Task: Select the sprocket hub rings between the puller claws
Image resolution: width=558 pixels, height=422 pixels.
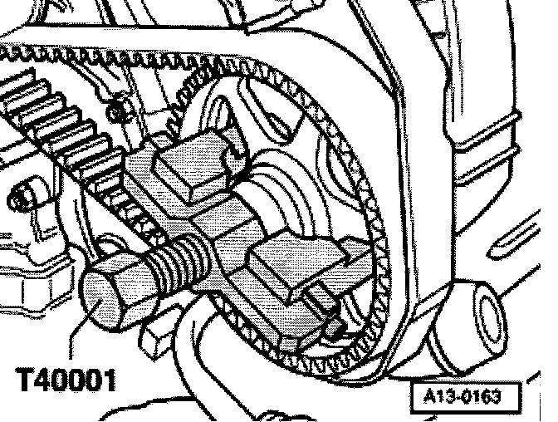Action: click(286, 199)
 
